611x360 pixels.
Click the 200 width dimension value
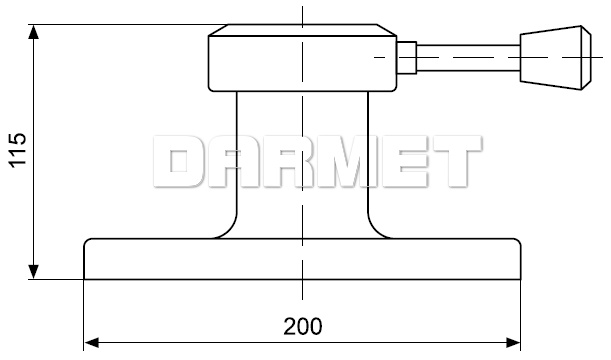(x=303, y=326)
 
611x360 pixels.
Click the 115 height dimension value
(x=18, y=150)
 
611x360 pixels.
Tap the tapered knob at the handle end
(x=556, y=58)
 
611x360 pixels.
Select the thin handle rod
(x=468, y=58)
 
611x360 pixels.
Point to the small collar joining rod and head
(x=407, y=58)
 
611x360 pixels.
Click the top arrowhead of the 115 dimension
(x=34, y=31)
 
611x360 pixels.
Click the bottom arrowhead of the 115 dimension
(x=34, y=272)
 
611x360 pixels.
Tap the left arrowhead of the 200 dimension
(x=92, y=343)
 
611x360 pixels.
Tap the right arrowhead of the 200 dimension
(x=513, y=343)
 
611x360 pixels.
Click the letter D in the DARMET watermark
(x=178, y=161)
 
